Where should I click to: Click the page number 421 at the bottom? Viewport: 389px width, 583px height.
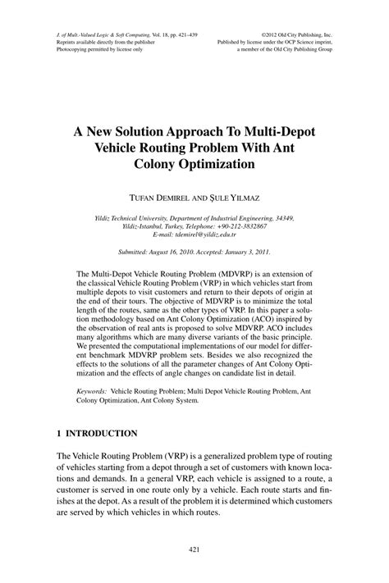pos(194,549)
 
